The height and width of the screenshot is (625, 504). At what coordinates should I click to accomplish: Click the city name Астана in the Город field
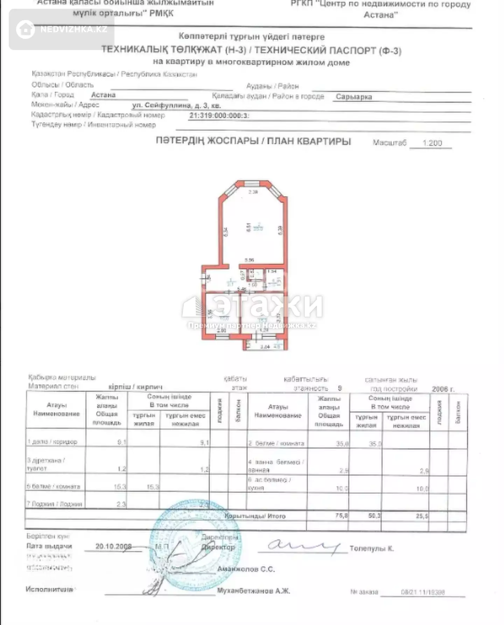(x=103, y=95)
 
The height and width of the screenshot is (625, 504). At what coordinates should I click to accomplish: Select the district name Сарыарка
(x=353, y=97)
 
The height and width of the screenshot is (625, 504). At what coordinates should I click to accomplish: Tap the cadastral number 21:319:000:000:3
(x=219, y=116)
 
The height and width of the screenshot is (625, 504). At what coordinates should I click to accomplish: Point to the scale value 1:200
(x=432, y=143)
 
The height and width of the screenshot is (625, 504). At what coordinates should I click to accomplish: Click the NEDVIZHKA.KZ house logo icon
(x=26, y=29)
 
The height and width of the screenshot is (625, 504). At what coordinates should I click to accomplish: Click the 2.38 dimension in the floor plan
(x=253, y=192)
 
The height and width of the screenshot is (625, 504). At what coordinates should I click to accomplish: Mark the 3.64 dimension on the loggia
(x=265, y=347)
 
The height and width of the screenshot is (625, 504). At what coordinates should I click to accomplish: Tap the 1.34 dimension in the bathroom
(x=272, y=271)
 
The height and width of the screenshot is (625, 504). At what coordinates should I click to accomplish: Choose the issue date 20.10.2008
(x=113, y=546)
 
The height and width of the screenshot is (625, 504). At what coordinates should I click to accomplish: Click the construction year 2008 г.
(x=443, y=389)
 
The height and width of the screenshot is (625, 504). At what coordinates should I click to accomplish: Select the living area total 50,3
(x=374, y=516)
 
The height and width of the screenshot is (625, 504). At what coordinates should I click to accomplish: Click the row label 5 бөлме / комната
(x=54, y=487)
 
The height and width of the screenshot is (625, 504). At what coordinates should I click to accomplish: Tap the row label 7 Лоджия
(x=55, y=504)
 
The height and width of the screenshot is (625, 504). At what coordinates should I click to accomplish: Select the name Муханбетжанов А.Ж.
(x=253, y=591)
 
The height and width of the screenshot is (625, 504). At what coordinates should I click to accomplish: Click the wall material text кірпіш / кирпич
(x=135, y=387)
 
